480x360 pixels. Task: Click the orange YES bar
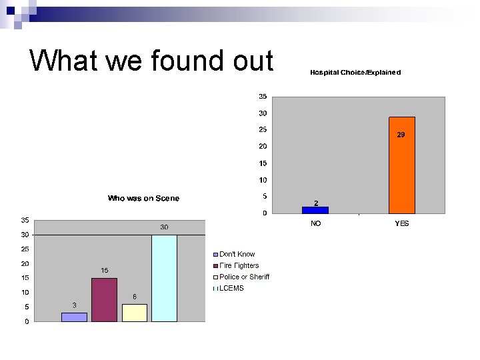click(x=401, y=165)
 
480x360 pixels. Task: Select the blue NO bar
click(x=315, y=209)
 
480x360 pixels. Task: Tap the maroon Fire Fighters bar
click(x=104, y=300)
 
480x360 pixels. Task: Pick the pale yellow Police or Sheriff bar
click(x=134, y=313)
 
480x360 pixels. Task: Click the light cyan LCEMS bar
click(x=164, y=278)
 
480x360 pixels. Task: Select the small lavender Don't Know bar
click(x=74, y=317)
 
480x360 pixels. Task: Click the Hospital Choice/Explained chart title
click(x=355, y=72)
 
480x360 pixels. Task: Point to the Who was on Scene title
click(x=143, y=198)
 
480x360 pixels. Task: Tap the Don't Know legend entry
click(x=237, y=254)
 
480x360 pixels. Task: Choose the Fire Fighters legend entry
click(x=239, y=265)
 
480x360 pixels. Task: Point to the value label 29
click(x=401, y=134)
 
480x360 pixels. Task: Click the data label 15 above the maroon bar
click(x=105, y=270)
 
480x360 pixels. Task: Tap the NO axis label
click(x=315, y=223)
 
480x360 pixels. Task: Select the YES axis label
click(x=401, y=223)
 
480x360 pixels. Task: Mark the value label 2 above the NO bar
click(x=316, y=203)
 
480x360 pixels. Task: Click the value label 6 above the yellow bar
click(x=135, y=297)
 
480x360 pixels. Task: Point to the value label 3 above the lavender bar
click(x=74, y=305)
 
